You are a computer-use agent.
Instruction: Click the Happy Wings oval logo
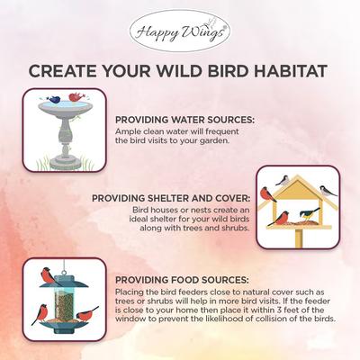[x=179, y=31]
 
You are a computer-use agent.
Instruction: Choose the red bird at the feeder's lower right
[x=87, y=314]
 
